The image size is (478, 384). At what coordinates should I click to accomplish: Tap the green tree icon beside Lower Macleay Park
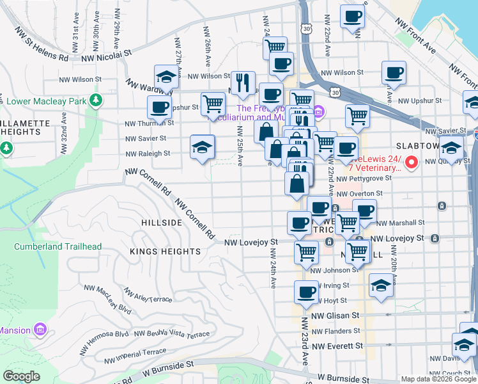96,100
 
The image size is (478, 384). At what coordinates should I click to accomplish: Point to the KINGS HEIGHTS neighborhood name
166,252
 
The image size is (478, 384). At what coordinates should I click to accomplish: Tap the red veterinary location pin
412,163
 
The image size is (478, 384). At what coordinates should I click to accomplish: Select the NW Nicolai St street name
105,56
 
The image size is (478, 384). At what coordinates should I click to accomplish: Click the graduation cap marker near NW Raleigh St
202,147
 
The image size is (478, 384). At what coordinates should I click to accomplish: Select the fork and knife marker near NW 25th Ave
243,82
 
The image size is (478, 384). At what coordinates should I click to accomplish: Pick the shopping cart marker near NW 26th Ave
213,103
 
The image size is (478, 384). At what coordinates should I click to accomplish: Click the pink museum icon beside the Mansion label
41,330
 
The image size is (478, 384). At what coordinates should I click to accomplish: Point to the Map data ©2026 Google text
438,379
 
